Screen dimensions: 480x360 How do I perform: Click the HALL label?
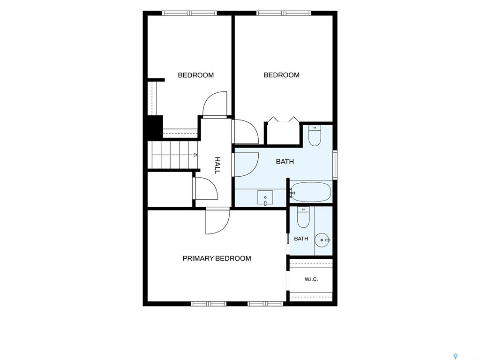(x=217, y=165)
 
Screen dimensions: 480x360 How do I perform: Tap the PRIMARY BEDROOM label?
(x=217, y=258)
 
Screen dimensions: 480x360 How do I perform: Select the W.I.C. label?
(x=311, y=279)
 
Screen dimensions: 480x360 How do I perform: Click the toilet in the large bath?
(x=315, y=135)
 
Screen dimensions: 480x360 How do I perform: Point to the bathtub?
(x=311, y=192)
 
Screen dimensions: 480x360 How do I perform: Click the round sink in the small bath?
(x=322, y=240)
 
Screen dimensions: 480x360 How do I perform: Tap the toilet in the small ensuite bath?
(x=303, y=217)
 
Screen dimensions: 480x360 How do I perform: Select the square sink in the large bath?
(x=265, y=198)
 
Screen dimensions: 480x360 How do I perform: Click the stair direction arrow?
(x=195, y=155)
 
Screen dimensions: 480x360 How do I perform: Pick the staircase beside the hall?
(x=173, y=155)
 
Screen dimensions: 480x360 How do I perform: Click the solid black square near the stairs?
(x=155, y=126)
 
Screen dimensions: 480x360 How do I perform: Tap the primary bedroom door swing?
(x=217, y=221)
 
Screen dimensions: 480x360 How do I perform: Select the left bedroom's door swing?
(x=215, y=104)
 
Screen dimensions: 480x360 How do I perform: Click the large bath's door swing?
(x=246, y=165)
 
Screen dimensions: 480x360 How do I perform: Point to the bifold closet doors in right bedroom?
(x=283, y=120)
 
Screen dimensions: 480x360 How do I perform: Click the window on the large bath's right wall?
(x=335, y=165)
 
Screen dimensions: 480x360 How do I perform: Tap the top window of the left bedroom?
(x=189, y=13)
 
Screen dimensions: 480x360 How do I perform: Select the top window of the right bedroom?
(x=284, y=13)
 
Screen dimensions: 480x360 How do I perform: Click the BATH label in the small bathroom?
(x=301, y=239)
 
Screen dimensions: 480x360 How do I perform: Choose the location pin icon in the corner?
(x=456, y=356)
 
